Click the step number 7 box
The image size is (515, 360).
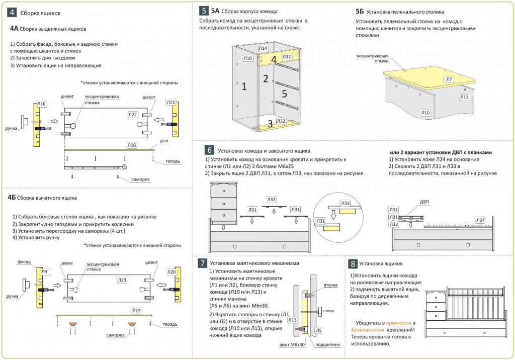[202, 263]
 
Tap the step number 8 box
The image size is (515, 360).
[353, 263]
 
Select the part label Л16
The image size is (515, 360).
[41, 104]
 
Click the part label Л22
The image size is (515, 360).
[133, 115]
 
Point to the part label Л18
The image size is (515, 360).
[131, 145]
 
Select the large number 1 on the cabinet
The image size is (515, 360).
[244, 86]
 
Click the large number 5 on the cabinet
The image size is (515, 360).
[284, 94]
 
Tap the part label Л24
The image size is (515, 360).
[480, 220]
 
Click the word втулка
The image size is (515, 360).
[330, 285]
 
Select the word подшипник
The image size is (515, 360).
[327, 345]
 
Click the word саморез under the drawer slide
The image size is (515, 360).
[140, 179]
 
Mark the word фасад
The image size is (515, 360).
[24, 262]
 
